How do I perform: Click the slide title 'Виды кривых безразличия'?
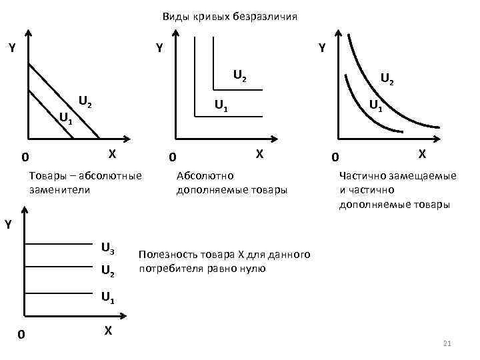point(230,16)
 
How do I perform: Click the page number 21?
point(447,343)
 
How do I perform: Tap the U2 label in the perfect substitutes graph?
point(85,102)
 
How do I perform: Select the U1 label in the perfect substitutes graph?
point(65,119)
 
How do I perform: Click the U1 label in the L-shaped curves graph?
point(221,105)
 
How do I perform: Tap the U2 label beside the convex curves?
point(387,79)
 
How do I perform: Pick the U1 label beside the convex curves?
point(376,105)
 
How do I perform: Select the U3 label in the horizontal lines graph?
point(107,249)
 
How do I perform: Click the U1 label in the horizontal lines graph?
point(107,297)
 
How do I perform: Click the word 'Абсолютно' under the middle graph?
point(205,176)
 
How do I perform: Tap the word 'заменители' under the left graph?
point(59,189)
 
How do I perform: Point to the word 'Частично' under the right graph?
point(361,176)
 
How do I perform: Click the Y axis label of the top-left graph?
point(12,48)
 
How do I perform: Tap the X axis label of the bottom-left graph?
point(107,330)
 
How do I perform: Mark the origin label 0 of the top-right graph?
point(335,158)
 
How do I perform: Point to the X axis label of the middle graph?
point(261,153)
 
